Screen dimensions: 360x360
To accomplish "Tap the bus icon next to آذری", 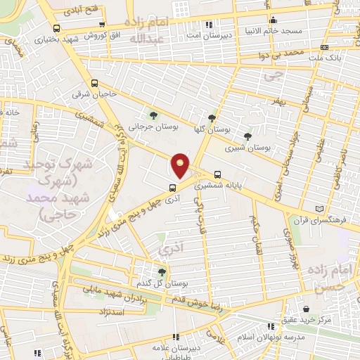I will (x=172, y=188).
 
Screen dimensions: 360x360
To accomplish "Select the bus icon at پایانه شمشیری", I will (x=217, y=174).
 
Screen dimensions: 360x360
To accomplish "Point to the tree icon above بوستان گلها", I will (x=212, y=119).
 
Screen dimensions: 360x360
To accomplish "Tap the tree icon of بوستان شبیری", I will (x=247, y=136).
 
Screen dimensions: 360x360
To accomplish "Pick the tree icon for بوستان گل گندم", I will (x=162, y=271).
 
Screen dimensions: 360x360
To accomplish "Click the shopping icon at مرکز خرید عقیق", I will (x=307, y=309).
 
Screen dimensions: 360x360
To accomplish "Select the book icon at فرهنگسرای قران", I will (x=321, y=209).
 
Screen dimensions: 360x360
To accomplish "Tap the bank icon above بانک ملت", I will (x=323, y=45).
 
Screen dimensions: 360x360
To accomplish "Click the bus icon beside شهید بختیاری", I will (x=56, y=28).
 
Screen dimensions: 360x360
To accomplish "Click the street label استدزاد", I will (x=112, y=310).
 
